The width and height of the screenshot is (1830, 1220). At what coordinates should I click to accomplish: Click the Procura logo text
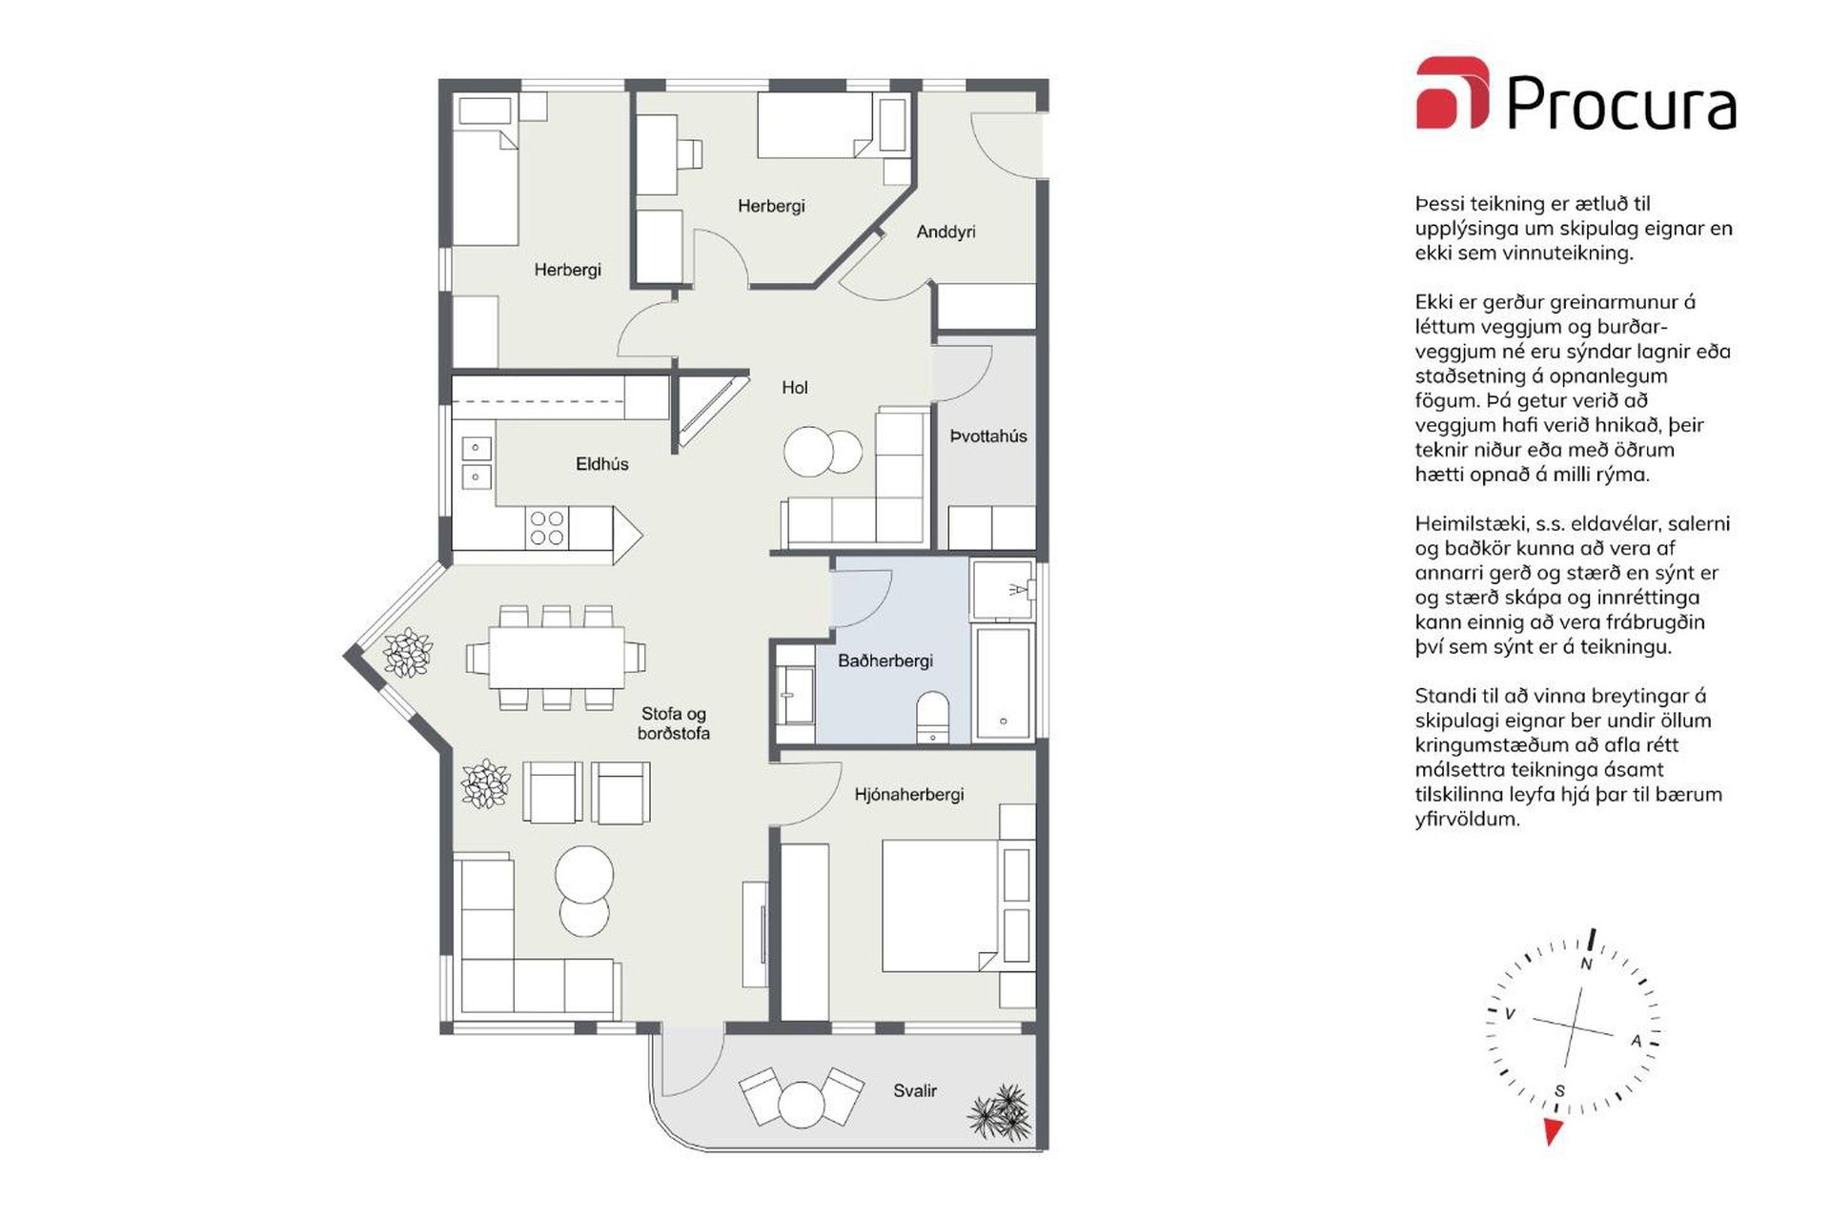pyautogui.click(x=1620, y=102)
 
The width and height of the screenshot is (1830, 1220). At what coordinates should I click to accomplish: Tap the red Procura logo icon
pyautogui.click(x=1451, y=92)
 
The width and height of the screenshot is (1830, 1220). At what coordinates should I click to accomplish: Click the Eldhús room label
pyautogui.click(x=601, y=464)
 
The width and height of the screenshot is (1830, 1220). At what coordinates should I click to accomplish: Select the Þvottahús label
pyautogui.click(x=987, y=437)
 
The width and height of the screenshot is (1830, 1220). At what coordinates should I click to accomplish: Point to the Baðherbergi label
pyautogui.click(x=884, y=661)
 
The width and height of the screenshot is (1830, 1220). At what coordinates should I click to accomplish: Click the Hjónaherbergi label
pyautogui.click(x=908, y=794)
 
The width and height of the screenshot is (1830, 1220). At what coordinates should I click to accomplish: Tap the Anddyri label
pyautogui.click(x=945, y=232)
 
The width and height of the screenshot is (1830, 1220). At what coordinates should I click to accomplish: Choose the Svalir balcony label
pyautogui.click(x=914, y=1090)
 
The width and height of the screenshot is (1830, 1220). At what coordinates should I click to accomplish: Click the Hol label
pyautogui.click(x=794, y=387)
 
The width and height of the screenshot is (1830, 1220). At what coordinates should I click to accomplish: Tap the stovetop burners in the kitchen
pyautogui.click(x=547, y=528)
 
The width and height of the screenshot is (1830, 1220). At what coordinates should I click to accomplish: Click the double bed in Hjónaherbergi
pyautogui.click(x=939, y=905)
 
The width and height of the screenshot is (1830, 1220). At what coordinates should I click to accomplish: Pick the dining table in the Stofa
pyautogui.click(x=557, y=658)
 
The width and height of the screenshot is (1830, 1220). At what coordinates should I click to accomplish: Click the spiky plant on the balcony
pyautogui.click(x=1000, y=1112)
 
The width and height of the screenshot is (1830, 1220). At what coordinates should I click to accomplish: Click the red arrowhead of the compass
pyautogui.click(x=1553, y=1131)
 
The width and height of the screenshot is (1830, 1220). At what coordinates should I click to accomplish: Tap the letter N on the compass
pyautogui.click(x=1586, y=964)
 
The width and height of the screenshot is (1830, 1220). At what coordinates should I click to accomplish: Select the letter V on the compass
pyautogui.click(x=1510, y=1014)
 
